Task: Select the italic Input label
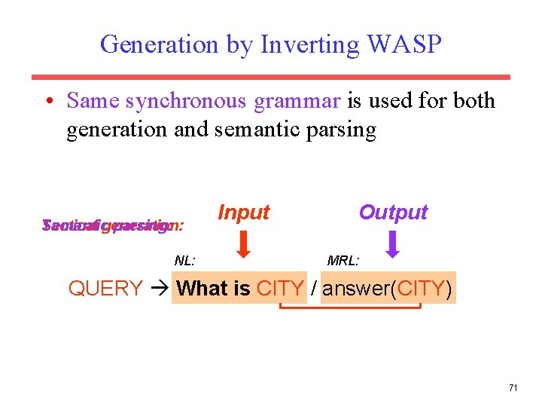click(243, 213)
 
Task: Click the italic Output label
click(393, 213)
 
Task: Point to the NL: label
click(185, 261)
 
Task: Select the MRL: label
click(343, 261)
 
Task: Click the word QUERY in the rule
click(105, 289)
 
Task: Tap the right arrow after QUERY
click(159, 289)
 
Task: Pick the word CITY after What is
click(280, 289)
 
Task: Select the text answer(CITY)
click(388, 289)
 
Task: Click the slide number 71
click(513, 388)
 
